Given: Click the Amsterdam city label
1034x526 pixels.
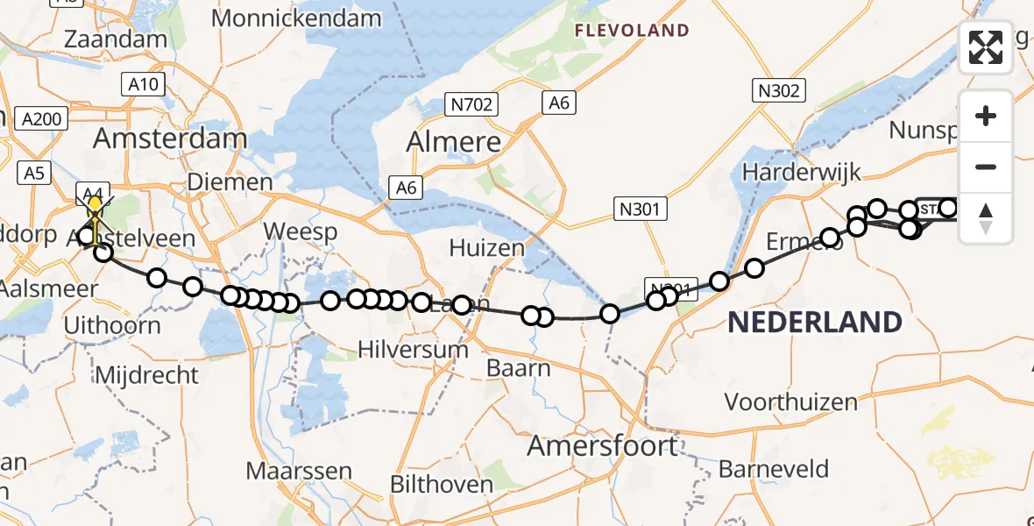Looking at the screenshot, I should click(x=170, y=139).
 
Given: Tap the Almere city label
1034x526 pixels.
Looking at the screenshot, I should click(x=455, y=142).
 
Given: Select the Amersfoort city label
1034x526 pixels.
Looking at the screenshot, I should click(x=602, y=445).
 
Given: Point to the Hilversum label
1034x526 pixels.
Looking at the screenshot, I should click(x=414, y=349).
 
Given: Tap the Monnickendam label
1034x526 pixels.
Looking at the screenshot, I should click(x=296, y=18).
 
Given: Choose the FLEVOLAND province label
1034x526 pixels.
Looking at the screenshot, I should click(x=631, y=31).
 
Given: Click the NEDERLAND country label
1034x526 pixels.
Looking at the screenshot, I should click(x=814, y=322).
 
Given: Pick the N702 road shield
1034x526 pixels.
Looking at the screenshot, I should click(x=471, y=105).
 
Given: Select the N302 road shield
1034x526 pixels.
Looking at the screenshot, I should click(x=777, y=89).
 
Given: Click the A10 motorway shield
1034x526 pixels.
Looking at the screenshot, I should click(x=141, y=84).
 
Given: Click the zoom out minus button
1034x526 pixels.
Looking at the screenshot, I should click(x=986, y=167).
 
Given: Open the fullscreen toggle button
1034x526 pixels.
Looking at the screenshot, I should click(x=986, y=47).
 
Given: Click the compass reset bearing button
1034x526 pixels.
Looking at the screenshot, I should click(x=986, y=217).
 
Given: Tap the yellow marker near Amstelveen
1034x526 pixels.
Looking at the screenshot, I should click(x=95, y=209).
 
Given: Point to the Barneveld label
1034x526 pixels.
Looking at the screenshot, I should click(x=773, y=468).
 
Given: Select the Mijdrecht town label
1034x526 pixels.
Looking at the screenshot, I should click(x=147, y=375).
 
